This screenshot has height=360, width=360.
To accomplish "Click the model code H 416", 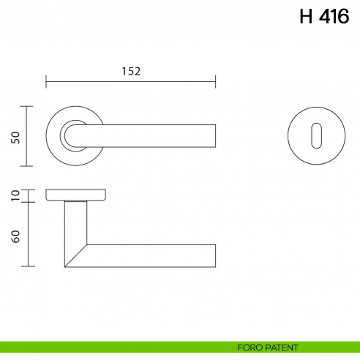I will (x=323, y=17).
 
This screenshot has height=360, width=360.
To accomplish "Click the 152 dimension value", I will (x=130, y=71).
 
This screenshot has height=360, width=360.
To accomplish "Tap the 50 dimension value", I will (x=15, y=137).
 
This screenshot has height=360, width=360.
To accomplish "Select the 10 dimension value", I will (x=15, y=195).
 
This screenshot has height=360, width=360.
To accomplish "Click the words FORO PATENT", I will (x=267, y=348).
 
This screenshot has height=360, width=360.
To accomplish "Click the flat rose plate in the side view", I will (x=75, y=194).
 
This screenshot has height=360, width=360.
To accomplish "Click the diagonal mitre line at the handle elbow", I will (x=75, y=255).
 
